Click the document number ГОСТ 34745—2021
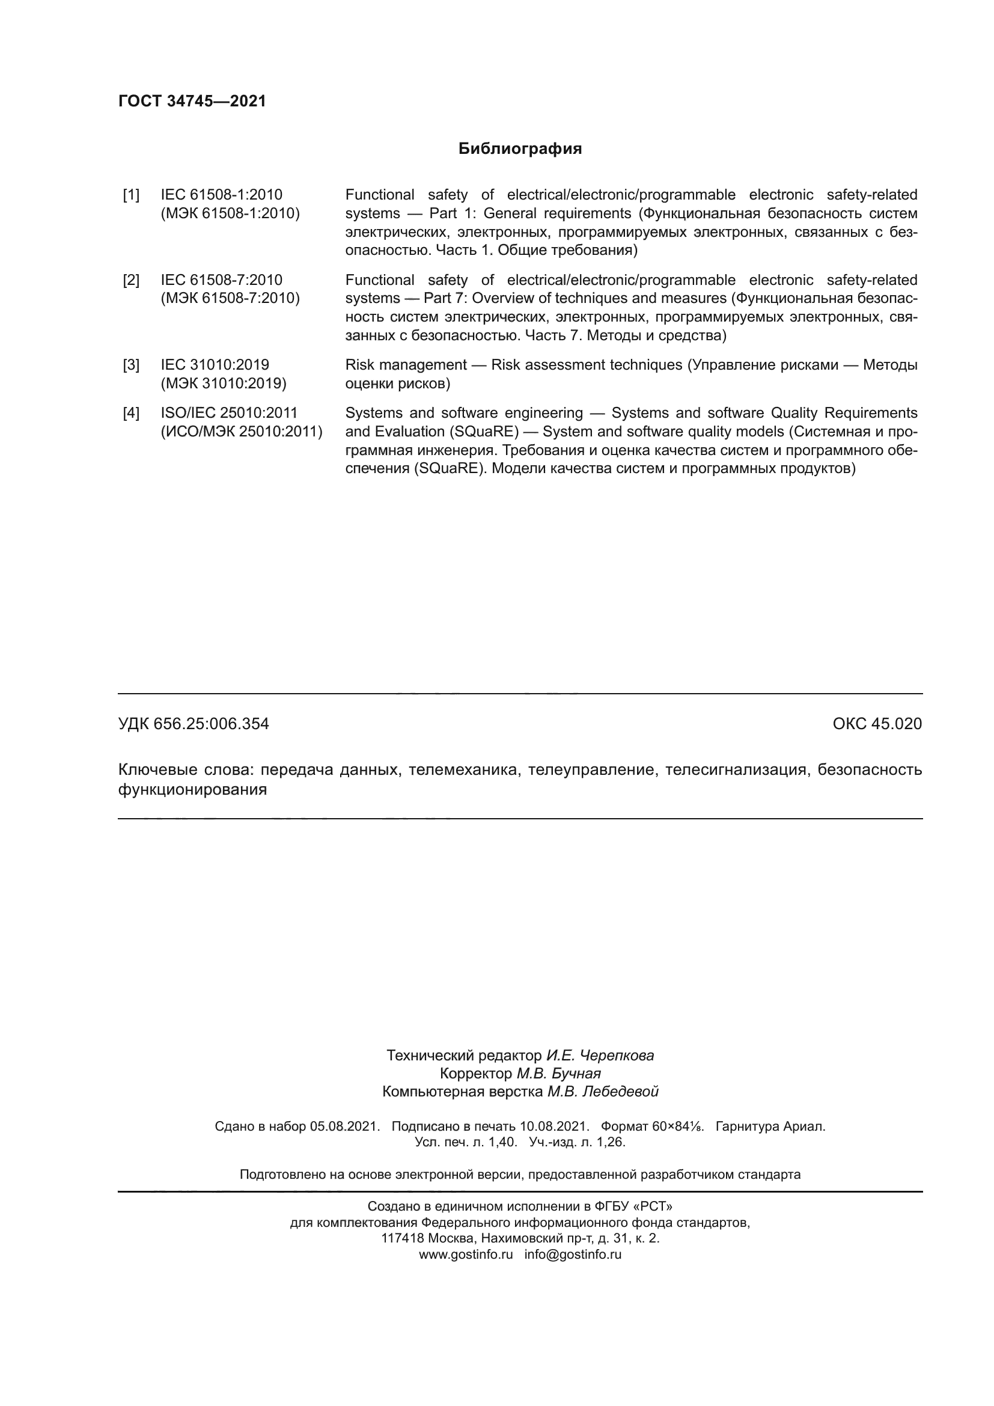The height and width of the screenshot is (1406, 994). click(192, 101)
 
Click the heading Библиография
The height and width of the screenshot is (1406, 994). click(520, 149)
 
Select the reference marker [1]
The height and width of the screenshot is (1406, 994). click(131, 195)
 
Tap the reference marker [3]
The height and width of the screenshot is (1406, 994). click(131, 365)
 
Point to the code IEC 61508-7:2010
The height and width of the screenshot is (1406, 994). click(222, 280)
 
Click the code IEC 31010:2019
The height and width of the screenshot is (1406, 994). click(215, 365)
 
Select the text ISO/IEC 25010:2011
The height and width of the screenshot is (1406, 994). click(229, 413)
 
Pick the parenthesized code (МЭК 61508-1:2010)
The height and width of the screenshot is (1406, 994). click(230, 214)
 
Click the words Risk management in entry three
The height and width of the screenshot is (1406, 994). click(406, 365)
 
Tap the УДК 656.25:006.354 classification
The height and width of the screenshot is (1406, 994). click(194, 724)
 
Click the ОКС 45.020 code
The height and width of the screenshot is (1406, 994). click(876, 724)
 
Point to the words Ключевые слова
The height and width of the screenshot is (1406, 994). click(184, 770)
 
